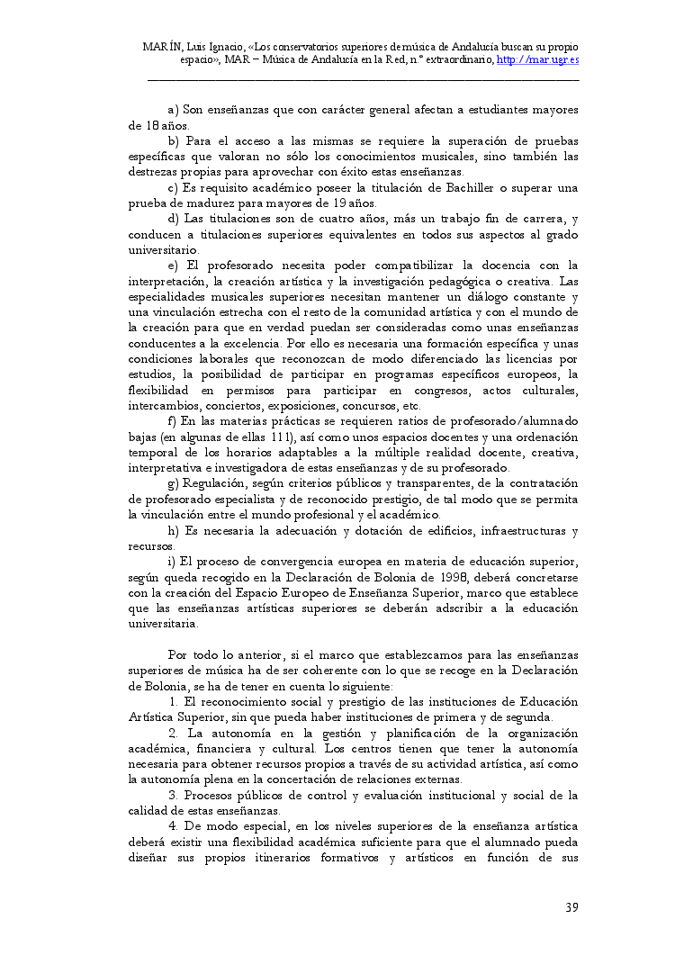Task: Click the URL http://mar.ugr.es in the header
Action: (x=537, y=59)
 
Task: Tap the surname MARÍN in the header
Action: (x=163, y=46)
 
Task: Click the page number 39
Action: (x=571, y=907)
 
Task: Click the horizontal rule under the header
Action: (x=363, y=81)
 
